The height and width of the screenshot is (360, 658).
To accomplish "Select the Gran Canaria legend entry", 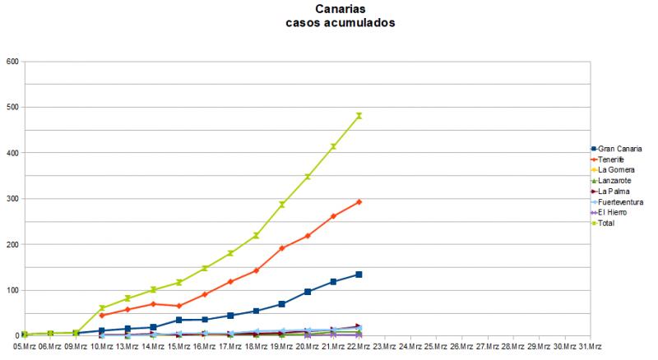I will click(x=622, y=148).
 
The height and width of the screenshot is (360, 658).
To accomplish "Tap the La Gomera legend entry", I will click(x=619, y=169).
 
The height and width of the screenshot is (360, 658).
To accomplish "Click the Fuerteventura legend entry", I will click(x=625, y=201).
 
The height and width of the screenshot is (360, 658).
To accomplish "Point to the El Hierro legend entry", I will click(x=617, y=212).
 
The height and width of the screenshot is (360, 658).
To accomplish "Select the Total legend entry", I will click(x=613, y=223).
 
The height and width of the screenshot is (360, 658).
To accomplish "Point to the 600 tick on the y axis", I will click(x=12, y=62).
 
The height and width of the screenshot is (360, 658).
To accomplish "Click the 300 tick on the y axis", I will click(x=12, y=199).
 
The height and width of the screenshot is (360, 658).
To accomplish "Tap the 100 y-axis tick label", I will click(x=12, y=290).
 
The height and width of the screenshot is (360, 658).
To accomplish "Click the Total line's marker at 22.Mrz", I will click(x=359, y=116).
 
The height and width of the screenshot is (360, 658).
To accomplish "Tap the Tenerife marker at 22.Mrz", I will click(x=359, y=202).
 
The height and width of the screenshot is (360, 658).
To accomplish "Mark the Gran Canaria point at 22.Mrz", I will click(x=359, y=275).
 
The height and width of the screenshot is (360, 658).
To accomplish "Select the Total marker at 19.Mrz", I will click(x=281, y=205).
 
